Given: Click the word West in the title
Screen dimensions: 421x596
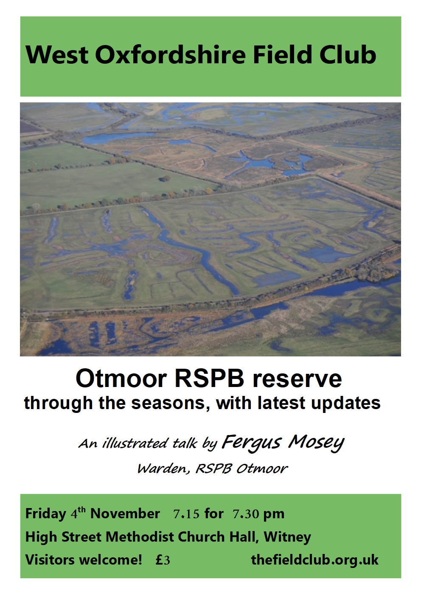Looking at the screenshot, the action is (57, 54).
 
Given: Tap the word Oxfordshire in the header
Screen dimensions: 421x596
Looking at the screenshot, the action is (170, 54).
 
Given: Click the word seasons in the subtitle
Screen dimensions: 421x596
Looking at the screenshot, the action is (170, 404).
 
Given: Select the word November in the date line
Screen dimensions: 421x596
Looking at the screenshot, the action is (125, 514).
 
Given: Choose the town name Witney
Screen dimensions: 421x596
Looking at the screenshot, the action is (287, 537).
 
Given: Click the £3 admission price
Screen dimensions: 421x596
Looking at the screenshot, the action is (163, 560).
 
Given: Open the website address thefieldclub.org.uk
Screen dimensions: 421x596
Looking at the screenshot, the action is (314, 560).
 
